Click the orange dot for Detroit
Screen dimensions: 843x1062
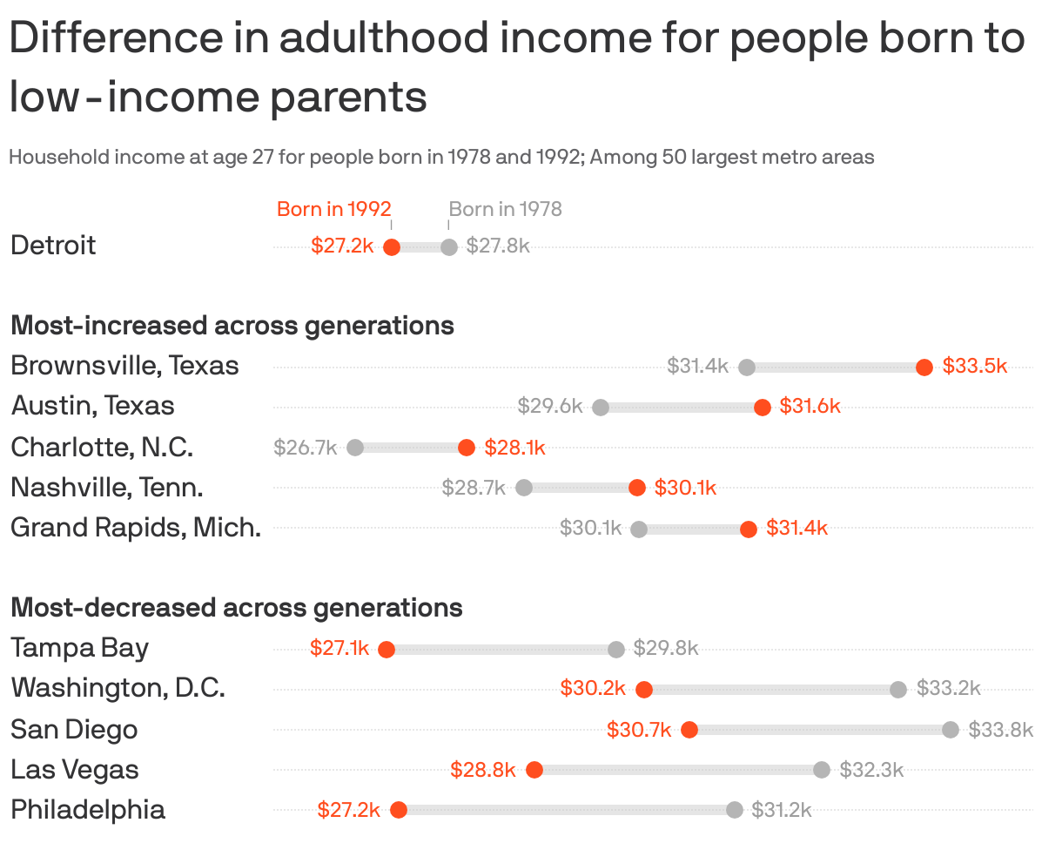tap(392, 247)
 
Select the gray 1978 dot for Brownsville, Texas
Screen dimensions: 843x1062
tap(746, 367)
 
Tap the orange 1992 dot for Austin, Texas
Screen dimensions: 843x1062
tap(763, 407)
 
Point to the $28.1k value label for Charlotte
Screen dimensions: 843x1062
tap(514, 448)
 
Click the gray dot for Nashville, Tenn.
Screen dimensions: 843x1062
tap(524, 488)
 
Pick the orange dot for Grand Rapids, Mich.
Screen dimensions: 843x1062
tap(749, 529)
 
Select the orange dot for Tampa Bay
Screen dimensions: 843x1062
tap(386, 649)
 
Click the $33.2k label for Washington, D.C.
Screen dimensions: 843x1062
tap(948, 689)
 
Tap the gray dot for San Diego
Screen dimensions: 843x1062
tap(951, 729)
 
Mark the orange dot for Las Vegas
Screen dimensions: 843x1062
tap(534, 770)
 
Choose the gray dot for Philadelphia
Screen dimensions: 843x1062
tap(735, 810)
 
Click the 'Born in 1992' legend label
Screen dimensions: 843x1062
tap(334, 209)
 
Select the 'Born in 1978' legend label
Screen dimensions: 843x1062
tap(505, 209)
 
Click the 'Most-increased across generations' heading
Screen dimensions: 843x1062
tap(232, 326)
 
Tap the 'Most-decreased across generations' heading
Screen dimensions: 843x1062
tap(237, 607)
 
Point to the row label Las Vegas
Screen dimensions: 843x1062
tap(75, 770)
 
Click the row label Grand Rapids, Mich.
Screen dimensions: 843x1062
tap(136, 528)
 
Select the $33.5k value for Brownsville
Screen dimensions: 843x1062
tap(974, 367)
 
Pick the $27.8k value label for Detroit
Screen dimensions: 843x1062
tap(498, 246)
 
